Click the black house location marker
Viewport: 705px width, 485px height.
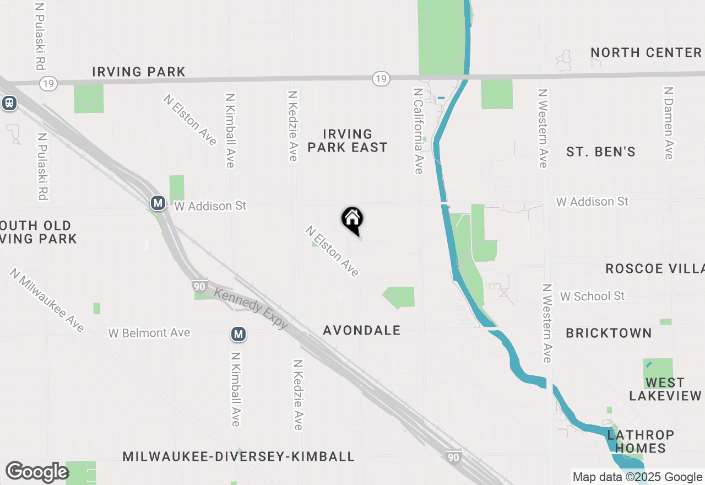pyautogui.click(x=352, y=220)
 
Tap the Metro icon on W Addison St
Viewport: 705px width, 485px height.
pyautogui.click(x=158, y=203)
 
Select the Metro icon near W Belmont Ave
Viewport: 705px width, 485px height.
pyautogui.click(x=238, y=334)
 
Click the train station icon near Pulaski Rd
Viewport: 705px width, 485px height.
pyautogui.click(x=9, y=103)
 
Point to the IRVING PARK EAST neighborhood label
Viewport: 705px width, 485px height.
pyautogui.click(x=348, y=141)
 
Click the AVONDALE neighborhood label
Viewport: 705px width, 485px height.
pyautogui.click(x=362, y=330)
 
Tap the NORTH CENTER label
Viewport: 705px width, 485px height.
pyautogui.click(x=646, y=52)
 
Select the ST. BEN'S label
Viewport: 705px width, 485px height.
pyautogui.click(x=601, y=152)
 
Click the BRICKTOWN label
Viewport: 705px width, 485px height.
pyautogui.click(x=609, y=333)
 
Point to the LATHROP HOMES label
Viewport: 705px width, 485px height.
pyautogui.click(x=641, y=441)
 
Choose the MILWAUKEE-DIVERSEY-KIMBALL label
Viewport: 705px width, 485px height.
pyautogui.click(x=238, y=456)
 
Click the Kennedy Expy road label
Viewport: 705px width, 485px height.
pyautogui.click(x=251, y=309)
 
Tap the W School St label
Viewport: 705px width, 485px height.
pyautogui.click(x=592, y=296)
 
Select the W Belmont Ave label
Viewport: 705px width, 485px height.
pyautogui.click(x=149, y=333)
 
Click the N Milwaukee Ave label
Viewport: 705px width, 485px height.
pyautogui.click(x=47, y=300)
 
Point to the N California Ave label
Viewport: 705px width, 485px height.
pyautogui.click(x=418, y=131)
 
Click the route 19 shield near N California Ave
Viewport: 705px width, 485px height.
pyautogui.click(x=381, y=79)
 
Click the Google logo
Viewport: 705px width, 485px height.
pyautogui.click(x=37, y=472)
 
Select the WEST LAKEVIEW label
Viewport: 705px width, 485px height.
pyautogui.click(x=665, y=389)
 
